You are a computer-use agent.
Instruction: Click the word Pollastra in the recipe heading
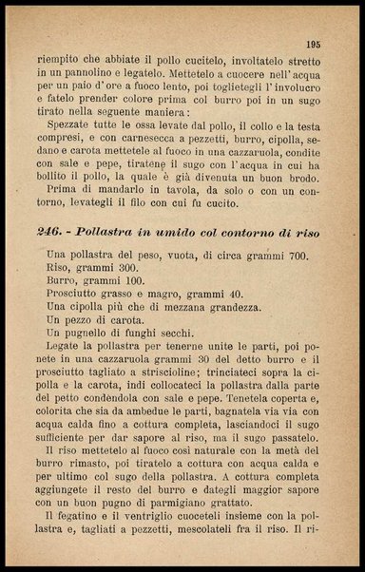(x=117, y=233)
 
